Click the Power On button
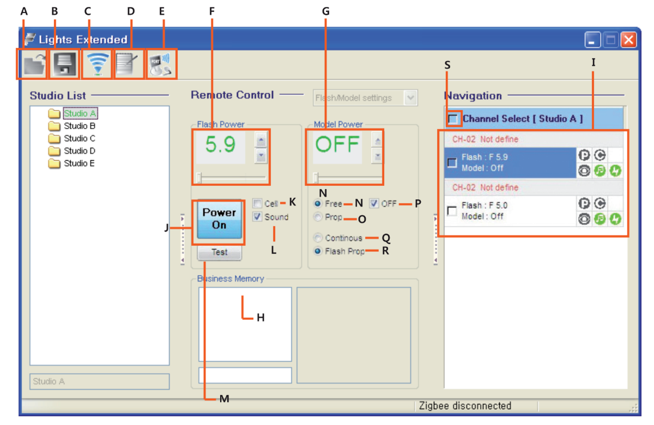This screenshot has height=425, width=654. point(219,219)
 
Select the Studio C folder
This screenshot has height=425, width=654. point(79,138)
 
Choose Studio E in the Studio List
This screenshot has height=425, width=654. point(79,163)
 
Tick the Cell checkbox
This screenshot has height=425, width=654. point(257,204)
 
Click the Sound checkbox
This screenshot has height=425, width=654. point(257,217)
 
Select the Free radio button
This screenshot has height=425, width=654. point(318,204)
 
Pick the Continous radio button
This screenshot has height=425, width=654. point(318,238)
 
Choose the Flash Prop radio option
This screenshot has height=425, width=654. point(318,251)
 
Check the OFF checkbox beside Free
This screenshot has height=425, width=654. point(374,204)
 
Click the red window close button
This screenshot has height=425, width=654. point(628,40)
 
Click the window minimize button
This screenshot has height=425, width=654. point(593,40)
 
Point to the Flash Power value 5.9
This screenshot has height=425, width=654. point(221,145)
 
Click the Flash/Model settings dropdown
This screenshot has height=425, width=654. point(365,98)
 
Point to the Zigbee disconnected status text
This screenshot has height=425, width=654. point(464,406)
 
